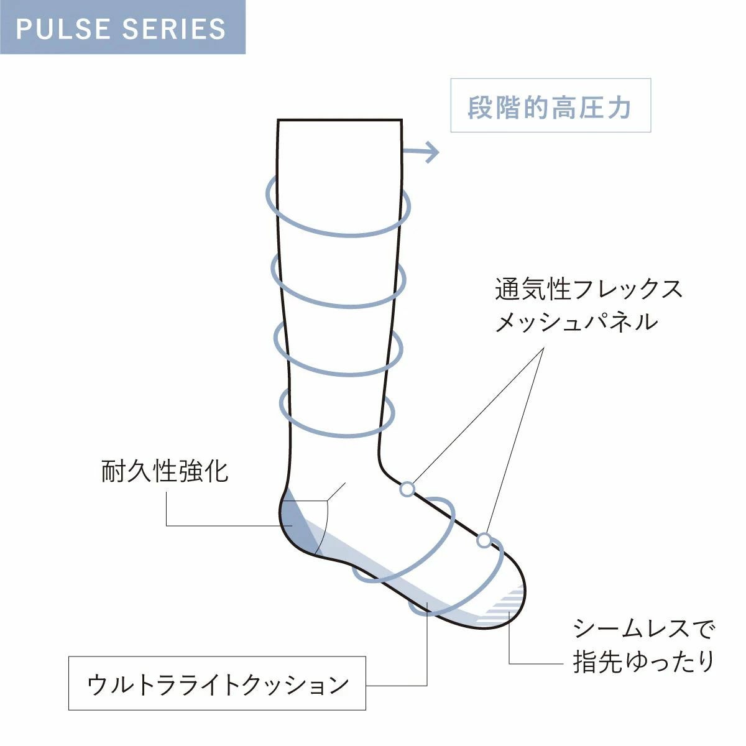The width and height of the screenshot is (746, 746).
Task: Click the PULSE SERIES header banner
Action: pyautogui.click(x=122, y=27)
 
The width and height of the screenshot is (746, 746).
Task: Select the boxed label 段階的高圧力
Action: pyautogui.click(x=550, y=106)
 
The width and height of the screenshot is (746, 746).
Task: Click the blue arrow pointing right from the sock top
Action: pyautogui.click(x=423, y=151)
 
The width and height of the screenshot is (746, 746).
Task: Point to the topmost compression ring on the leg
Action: pyautogui.click(x=339, y=233)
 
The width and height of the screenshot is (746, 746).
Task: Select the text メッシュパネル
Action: pyautogui.click(x=576, y=322)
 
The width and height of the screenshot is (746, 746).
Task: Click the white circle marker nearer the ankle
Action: pyautogui.click(x=407, y=489)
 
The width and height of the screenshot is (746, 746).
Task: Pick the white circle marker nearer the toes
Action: pyautogui.click(x=484, y=541)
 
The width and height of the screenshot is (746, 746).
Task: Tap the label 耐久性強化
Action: pyautogui.click(x=165, y=471)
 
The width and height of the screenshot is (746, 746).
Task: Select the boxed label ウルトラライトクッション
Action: pyautogui.click(x=217, y=683)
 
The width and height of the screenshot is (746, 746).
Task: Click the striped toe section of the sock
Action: pyautogui.click(x=504, y=603)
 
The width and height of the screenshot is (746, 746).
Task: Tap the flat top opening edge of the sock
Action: pyautogui.click(x=339, y=119)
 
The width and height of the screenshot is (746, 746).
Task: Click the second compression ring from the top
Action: pyautogui.click(x=339, y=305)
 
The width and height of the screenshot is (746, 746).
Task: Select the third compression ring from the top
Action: pyautogui.click(x=339, y=373)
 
